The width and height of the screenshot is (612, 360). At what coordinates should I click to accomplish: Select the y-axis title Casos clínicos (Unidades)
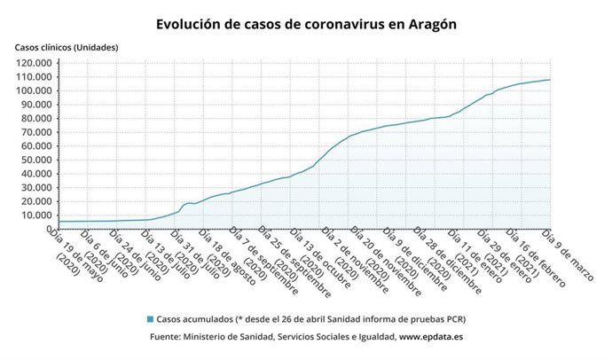point(67,46)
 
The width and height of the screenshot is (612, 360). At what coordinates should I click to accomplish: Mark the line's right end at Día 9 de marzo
point(550,80)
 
